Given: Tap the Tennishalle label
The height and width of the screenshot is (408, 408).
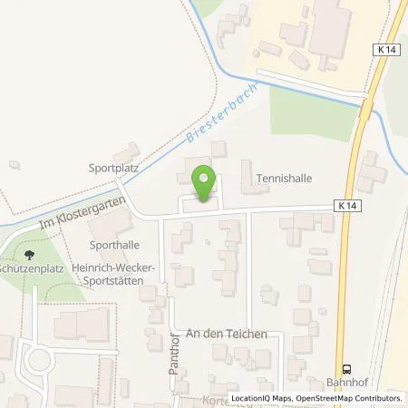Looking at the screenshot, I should pyautogui.click(x=284, y=179).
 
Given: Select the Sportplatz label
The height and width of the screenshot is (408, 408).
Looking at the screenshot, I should pyautogui.click(x=112, y=168).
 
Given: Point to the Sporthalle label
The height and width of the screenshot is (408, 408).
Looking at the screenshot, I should pyautogui.click(x=115, y=245).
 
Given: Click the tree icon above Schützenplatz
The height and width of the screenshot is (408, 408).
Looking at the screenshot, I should pyautogui.click(x=29, y=256).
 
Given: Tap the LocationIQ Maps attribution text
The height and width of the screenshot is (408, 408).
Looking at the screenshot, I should pyautogui.click(x=263, y=398).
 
